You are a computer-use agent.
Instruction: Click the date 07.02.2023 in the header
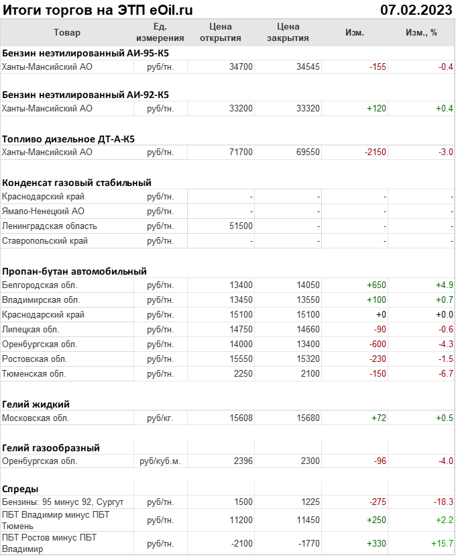point(416,9)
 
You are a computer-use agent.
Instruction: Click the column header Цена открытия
point(221,32)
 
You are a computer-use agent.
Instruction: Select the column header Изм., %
point(421,32)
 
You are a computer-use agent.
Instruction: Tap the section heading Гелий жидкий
point(36,404)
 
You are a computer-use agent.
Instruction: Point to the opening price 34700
point(241,66)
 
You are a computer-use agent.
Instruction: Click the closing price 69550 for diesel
point(308,152)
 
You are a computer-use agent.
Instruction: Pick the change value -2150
point(376,152)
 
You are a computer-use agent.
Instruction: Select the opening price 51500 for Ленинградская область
point(241,226)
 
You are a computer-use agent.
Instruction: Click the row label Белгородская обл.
point(36,285)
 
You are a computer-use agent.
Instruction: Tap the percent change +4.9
point(445,285)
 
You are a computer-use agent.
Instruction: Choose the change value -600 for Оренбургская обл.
point(376,344)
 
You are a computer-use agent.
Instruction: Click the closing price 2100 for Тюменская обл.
point(310,374)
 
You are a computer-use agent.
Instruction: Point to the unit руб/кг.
point(160,418)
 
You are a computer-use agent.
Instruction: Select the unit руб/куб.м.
point(160,461)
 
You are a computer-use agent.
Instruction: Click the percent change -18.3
point(443,502)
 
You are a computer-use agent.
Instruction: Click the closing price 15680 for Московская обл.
point(308,418)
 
